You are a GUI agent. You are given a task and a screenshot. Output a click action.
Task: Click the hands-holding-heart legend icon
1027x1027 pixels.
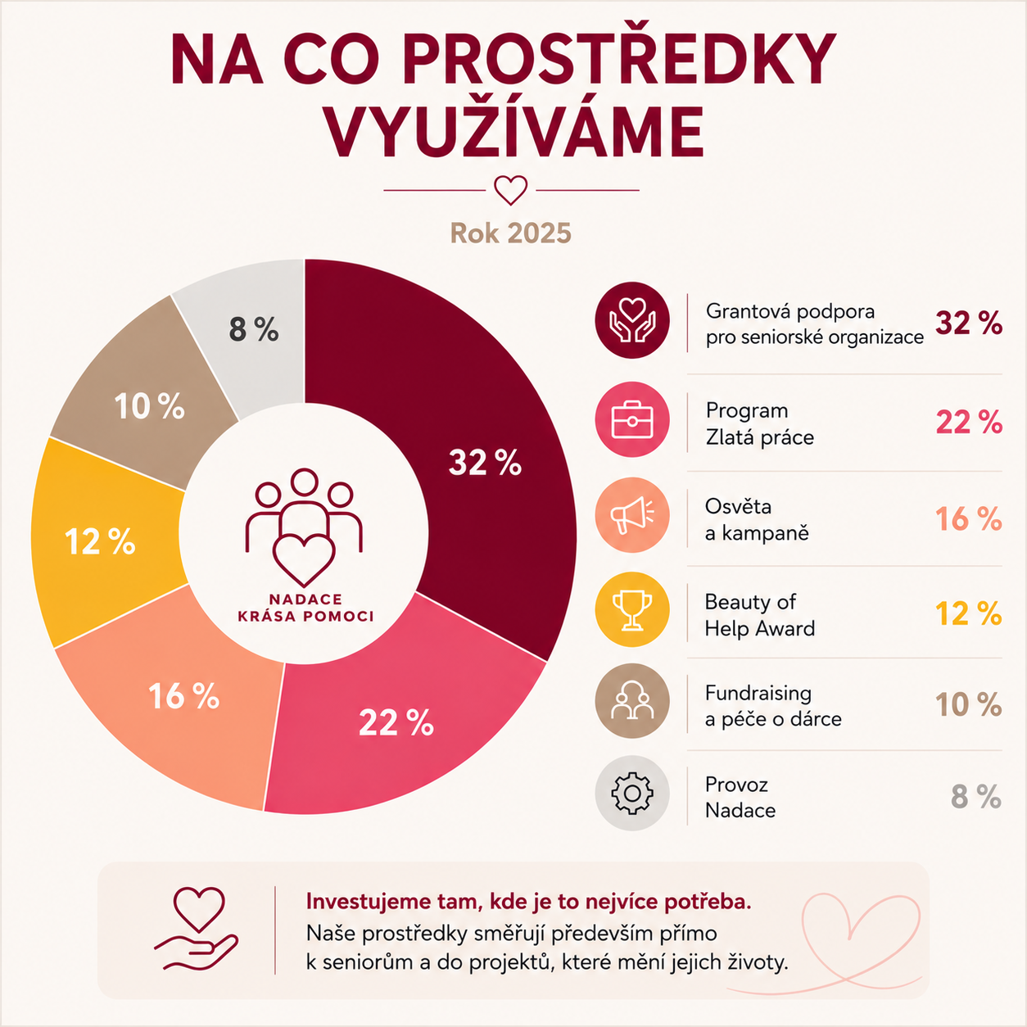[x=632, y=319]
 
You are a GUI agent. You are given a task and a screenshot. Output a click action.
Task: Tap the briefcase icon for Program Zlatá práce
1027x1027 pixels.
[x=632, y=419]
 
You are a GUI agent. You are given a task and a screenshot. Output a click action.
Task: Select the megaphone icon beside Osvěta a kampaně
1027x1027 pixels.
[x=632, y=515]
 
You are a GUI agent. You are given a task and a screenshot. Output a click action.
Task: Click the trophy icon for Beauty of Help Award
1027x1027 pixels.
[x=632, y=609]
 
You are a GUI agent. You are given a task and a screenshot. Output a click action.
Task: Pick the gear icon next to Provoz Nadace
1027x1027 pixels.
[x=632, y=793]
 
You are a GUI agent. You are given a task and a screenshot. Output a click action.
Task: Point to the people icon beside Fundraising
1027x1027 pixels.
[x=632, y=701]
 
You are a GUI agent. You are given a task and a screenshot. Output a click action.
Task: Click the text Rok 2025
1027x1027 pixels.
[x=510, y=233]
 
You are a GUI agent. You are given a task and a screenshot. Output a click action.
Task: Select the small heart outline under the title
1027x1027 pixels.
[x=510, y=190]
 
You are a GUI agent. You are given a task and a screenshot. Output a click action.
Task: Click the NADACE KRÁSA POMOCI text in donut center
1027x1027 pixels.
[x=305, y=609]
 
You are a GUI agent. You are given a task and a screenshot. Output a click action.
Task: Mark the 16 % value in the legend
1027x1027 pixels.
[x=969, y=519]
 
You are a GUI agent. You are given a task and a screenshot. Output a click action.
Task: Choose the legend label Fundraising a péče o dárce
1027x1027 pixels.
[x=773, y=706]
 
